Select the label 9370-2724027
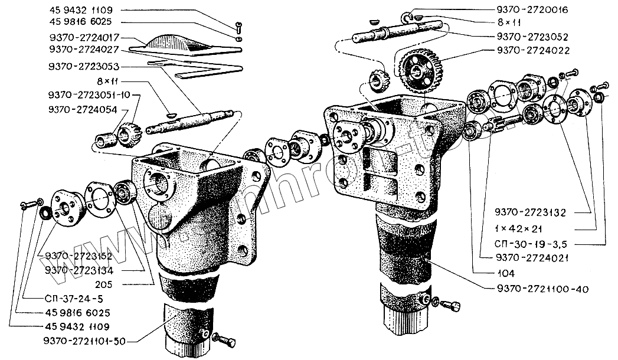[86, 48]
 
